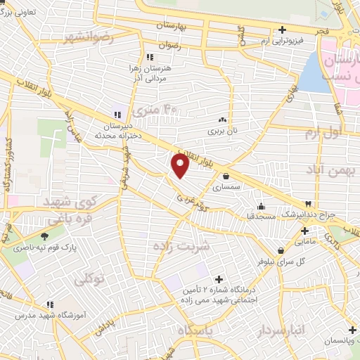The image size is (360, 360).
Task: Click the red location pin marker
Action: [180, 165]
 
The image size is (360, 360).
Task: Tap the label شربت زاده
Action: [181, 246]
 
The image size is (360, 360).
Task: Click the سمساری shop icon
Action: [226, 176]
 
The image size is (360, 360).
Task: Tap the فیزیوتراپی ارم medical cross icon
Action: [282, 30]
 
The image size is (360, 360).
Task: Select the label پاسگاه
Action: [200, 330]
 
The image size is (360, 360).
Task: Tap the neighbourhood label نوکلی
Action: [89, 278]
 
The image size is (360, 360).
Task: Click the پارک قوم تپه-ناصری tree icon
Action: [45, 237]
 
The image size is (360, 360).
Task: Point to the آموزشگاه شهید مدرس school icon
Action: [49, 304]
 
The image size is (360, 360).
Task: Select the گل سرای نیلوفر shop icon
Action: [281, 250]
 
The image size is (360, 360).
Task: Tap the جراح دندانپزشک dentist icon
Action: [307, 204]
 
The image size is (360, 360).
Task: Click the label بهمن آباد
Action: [327, 169]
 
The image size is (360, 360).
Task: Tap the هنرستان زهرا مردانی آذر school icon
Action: [149, 58]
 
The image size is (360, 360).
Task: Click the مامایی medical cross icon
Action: [304, 230]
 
